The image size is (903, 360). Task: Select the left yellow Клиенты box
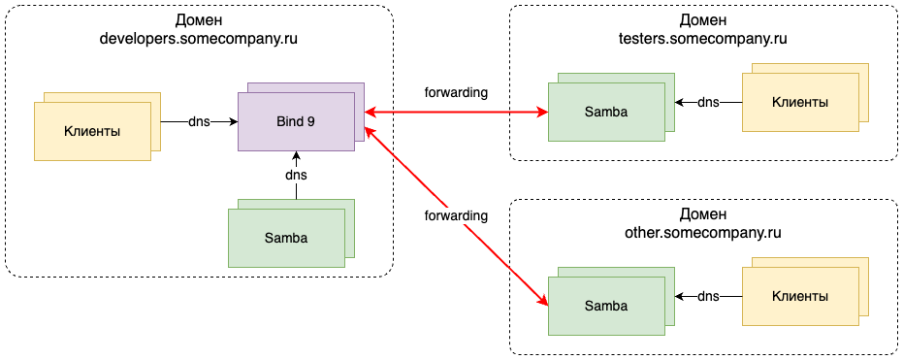(x=92, y=131)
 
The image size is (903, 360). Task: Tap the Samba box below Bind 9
(x=286, y=238)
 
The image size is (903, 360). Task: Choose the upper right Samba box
(x=606, y=112)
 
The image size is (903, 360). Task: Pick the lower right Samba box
(x=606, y=306)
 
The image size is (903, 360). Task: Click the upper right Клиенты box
(x=800, y=102)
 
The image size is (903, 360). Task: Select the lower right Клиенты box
(x=800, y=296)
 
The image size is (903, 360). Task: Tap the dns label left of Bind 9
(x=199, y=122)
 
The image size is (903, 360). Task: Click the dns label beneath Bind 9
(x=296, y=176)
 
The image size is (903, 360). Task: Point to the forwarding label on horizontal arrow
(x=456, y=93)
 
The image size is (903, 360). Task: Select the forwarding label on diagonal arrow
(x=456, y=215)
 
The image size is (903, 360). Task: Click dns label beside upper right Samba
(x=708, y=102)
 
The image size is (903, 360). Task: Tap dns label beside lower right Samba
(x=708, y=296)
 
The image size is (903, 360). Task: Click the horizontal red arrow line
(x=456, y=113)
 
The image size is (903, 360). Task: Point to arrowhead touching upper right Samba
(x=543, y=113)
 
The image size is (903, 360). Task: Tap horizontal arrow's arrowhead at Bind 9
(x=371, y=113)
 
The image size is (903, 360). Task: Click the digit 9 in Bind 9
(x=310, y=122)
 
